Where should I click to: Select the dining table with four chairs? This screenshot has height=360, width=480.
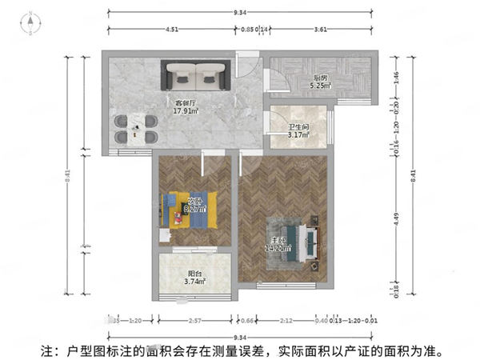click(135, 128)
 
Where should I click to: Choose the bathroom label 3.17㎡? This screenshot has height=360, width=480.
click(298, 134)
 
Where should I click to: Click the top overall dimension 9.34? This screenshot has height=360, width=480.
click(239, 12)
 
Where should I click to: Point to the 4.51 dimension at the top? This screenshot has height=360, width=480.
click(171, 30)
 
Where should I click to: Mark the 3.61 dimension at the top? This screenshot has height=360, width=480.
click(320, 30)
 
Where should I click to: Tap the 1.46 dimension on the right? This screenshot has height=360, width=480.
click(397, 78)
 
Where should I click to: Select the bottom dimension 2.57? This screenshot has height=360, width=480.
click(194, 322)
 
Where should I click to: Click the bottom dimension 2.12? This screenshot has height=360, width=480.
click(286, 322)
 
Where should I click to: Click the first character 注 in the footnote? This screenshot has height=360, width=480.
click(47, 350)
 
